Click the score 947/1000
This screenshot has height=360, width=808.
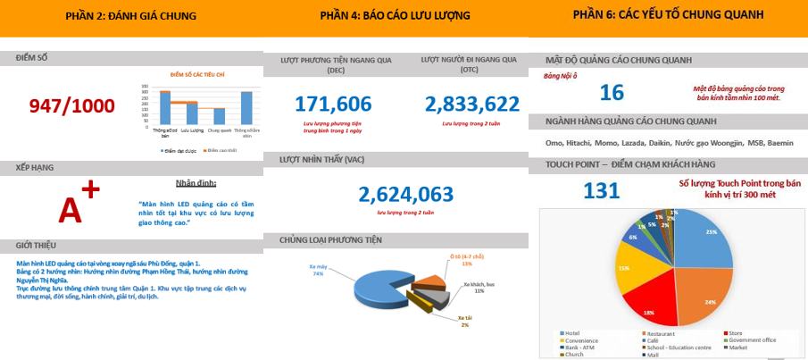(71, 106)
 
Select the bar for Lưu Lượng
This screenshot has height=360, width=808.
(191, 113)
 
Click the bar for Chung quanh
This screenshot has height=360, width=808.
(218, 116)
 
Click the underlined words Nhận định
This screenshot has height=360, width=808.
(196, 183)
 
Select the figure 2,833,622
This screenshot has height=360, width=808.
(471, 104)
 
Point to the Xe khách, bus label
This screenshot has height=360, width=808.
(478, 287)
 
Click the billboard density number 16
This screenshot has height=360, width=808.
(611, 92)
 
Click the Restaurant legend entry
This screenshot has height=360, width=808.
(662, 334)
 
